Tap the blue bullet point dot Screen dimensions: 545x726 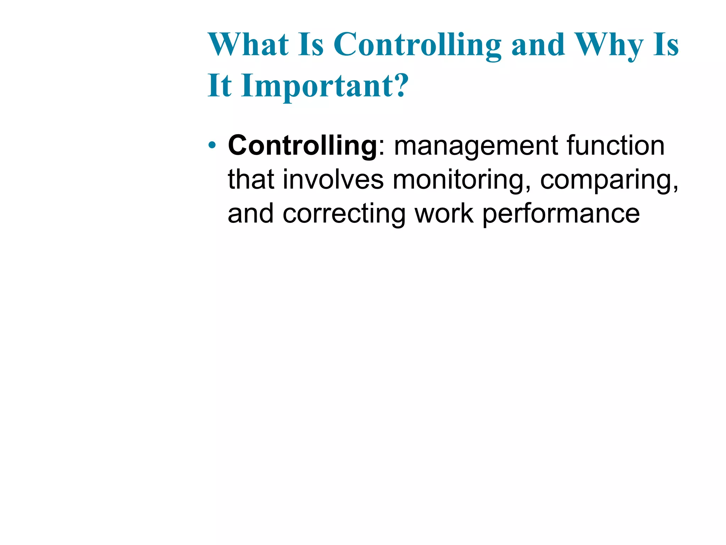point(212,145)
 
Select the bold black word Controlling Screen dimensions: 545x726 point(302,145)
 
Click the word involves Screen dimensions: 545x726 point(333,180)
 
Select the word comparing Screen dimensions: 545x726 point(609,180)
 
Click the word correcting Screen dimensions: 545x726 point(344,214)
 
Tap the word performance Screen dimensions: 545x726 point(561,214)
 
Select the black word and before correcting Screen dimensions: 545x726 point(251,214)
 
